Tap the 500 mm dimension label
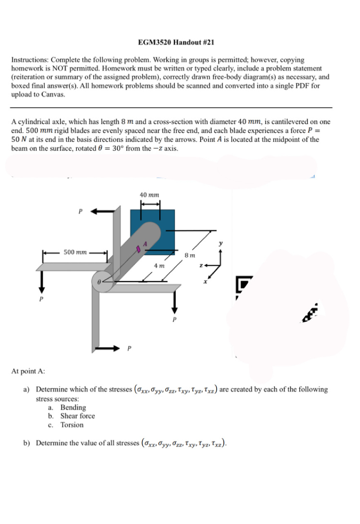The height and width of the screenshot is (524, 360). (75, 252)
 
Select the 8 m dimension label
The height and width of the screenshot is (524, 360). (189, 255)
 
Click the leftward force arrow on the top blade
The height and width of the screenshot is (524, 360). (102, 211)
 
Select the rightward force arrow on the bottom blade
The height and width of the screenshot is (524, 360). (108, 348)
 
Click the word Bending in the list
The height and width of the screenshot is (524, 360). (73, 407)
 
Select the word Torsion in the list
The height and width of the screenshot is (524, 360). (72, 425)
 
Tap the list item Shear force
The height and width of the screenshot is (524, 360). (77, 416)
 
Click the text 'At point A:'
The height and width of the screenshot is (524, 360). (28, 371)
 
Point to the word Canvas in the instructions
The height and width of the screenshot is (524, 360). (52, 94)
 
